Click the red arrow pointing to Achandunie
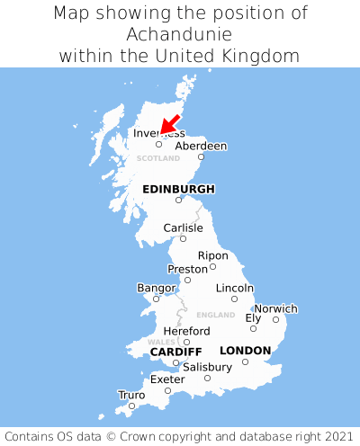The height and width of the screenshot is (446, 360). pyautogui.click(x=170, y=125)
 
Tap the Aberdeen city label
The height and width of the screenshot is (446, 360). pyautogui.click(x=201, y=146)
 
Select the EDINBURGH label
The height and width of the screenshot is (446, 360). pyautogui.click(x=178, y=189)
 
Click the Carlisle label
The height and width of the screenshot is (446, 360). pyautogui.click(x=183, y=227)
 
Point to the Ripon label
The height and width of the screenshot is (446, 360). pyautogui.click(x=212, y=255)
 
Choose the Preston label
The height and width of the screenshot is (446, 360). pyautogui.click(x=187, y=269)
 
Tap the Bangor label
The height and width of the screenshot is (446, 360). pyautogui.click(x=156, y=288)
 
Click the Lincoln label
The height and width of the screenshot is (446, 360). pyautogui.click(x=235, y=288)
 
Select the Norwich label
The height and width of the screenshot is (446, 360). pyautogui.click(x=275, y=308)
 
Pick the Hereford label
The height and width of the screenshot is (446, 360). pyautogui.click(x=186, y=331)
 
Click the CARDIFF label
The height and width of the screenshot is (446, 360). pyautogui.click(x=175, y=351)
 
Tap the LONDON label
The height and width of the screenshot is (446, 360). pyautogui.click(x=245, y=350)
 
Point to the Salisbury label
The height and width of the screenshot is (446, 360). pyautogui.click(x=207, y=367)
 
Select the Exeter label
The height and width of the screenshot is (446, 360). pyautogui.click(x=167, y=379)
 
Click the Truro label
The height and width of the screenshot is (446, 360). pyautogui.click(x=131, y=395)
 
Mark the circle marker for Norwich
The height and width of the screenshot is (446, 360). pyautogui.click(x=275, y=319)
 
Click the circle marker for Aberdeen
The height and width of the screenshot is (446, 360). pyautogui.click(x=201, y=156)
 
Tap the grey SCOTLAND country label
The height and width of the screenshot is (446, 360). pyautogui.click(x=158, y=157)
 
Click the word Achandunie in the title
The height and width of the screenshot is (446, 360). pyautogui.click(x=180, y=34)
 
